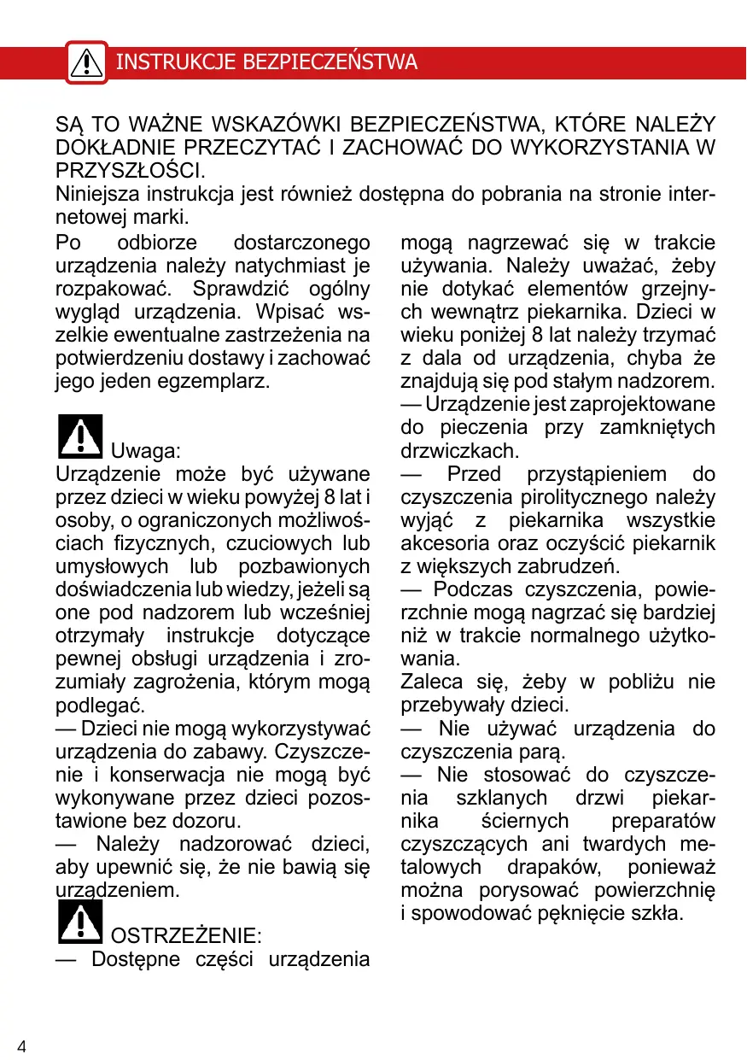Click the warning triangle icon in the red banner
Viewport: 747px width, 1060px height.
click(x=86, y=61)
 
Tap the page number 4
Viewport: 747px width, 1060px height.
click(x=21, y=1047)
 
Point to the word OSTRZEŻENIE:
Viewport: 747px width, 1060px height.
click(x=187, y=935)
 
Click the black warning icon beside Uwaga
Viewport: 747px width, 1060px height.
click(x=79, y=436)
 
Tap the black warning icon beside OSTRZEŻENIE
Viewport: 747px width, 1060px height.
click(x=79, y=922)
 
